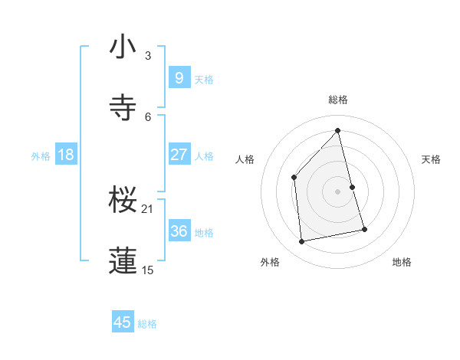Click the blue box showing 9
coord(179,77)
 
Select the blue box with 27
coord(179,155)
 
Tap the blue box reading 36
coord(179,231)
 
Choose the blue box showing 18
coord(66,155)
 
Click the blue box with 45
coord(122,322)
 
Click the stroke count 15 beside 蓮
coord(147,270)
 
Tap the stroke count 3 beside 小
coord(147,56)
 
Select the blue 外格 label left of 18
coord(41,155)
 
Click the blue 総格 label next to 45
coord(147,323)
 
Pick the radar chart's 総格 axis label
coord(338,100)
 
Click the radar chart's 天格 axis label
coord(431,159)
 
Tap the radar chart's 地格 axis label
coord(402,262)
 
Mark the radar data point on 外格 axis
coord(302,242)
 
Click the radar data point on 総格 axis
coord(338,130)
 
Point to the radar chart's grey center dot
coord(338,191)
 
